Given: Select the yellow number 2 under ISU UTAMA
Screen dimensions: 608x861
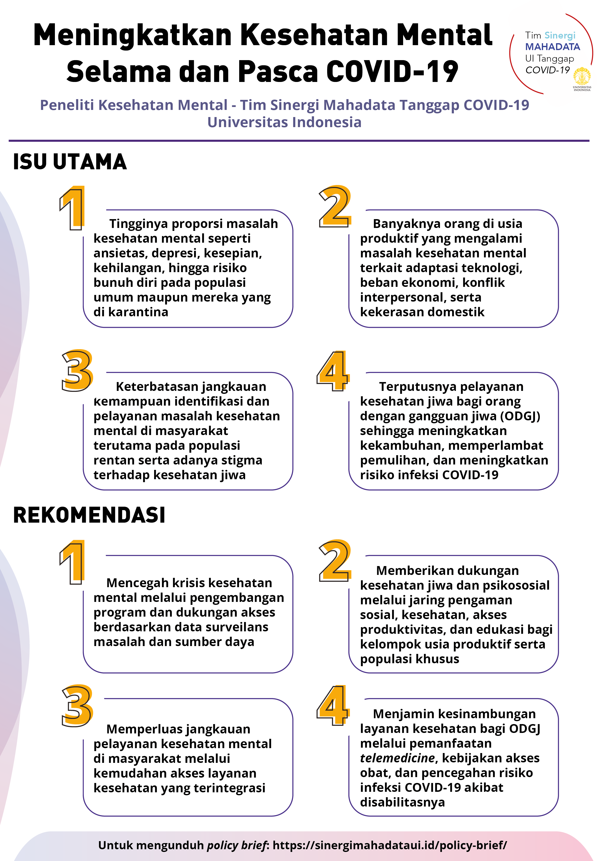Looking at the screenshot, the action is coord(335,206).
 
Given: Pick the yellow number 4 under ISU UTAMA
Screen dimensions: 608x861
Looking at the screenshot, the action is coord(333,371).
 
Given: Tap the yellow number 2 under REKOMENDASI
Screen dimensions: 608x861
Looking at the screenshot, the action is coord(335,561).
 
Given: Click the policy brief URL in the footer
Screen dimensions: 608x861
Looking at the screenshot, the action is coord(390,845).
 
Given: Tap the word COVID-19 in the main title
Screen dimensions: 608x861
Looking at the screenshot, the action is coord(392,71).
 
